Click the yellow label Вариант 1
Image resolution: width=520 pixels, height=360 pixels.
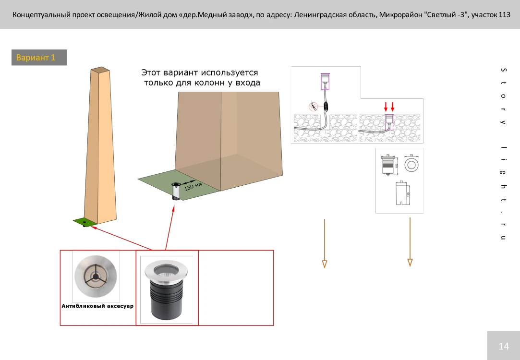point(36,58)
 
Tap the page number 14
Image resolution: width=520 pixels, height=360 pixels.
point(504,346)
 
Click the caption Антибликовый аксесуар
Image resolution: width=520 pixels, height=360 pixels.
point(97,306)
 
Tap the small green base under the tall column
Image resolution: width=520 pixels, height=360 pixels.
point(84,222)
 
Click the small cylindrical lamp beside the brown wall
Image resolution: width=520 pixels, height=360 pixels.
point(176,192)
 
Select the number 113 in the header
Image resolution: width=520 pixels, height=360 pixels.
point(504,15)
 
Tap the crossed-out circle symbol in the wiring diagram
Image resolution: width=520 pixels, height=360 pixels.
point(313,107)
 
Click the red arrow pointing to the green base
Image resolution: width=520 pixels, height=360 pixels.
point(120,238)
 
